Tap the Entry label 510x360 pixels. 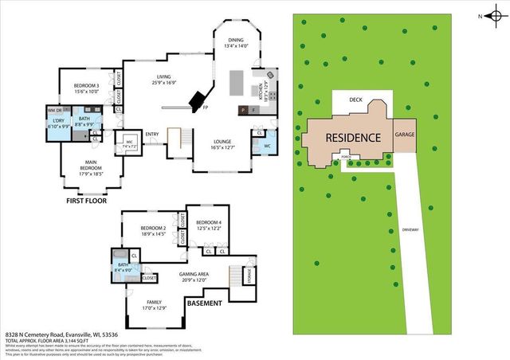tap(151, 134)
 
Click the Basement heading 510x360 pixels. tap(205, 303)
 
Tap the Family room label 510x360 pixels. tap(155, 305)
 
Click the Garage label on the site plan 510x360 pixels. tap(405, 135)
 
